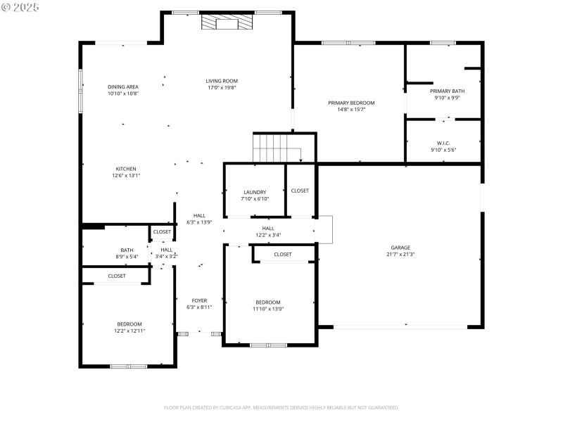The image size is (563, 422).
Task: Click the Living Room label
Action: point(222,81)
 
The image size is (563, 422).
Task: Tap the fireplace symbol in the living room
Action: point(227,24)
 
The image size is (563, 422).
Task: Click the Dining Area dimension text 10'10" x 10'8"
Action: point(123,94)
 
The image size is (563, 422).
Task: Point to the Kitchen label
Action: point(126,169)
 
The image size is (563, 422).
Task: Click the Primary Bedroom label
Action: point(351,103)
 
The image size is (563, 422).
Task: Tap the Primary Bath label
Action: point(447,91)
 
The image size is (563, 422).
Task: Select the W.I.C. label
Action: point(443,143)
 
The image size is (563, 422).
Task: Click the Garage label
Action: point(400,248)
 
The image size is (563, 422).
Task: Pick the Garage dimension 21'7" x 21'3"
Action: point(400,255)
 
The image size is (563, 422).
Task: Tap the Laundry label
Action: point(254,192)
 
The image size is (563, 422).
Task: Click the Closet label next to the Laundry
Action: point(300,191)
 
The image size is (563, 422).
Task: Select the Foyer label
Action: point(199,300)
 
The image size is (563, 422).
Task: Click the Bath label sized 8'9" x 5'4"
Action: point(127,250)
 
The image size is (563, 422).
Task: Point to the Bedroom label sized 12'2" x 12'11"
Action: point(129,324)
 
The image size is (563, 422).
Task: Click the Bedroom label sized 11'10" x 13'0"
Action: point(267,302)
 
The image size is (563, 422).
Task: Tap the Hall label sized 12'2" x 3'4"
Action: point(268,228)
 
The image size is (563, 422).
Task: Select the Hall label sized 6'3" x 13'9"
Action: point(199,216)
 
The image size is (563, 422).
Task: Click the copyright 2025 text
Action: point(20,7)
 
